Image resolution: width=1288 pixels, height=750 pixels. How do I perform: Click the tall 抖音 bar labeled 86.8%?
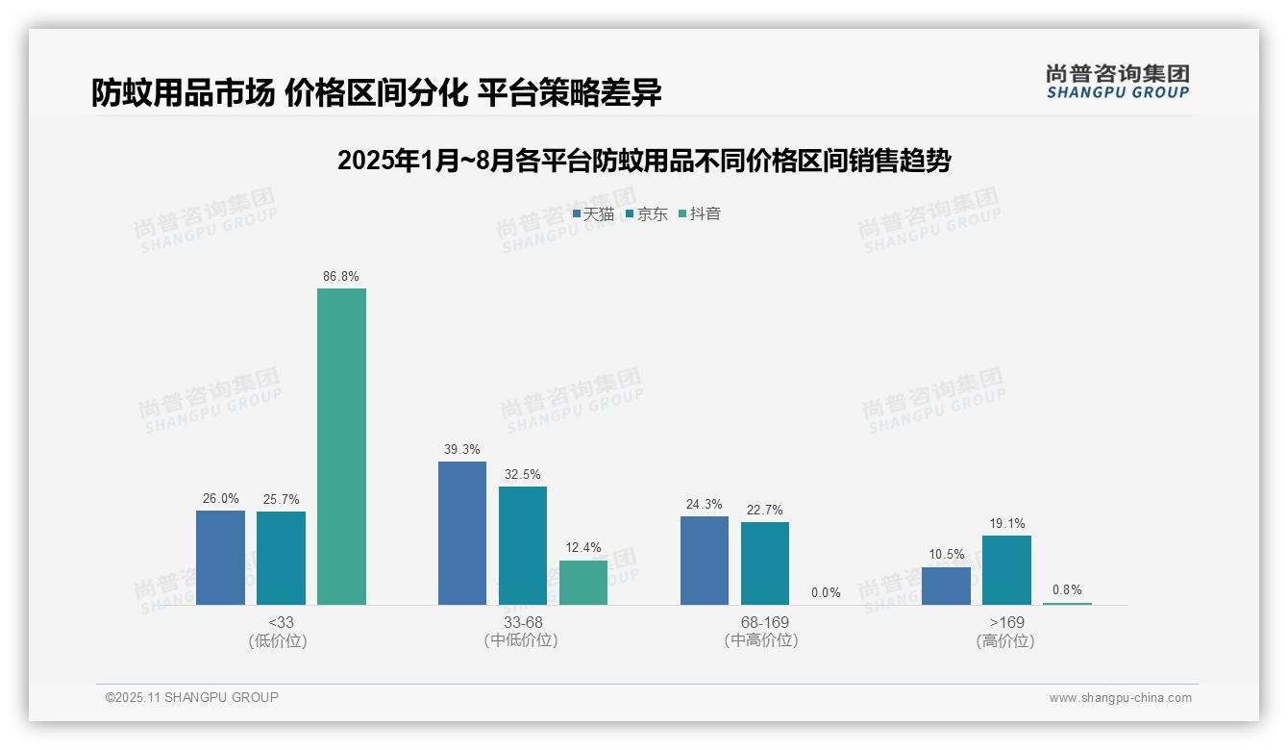pos(341,446)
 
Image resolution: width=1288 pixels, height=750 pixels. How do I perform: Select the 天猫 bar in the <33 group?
pos(220,558)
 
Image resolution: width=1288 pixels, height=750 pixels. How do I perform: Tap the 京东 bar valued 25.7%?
pos(281,558)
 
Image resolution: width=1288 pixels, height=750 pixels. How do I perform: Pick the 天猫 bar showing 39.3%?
pos(462,533)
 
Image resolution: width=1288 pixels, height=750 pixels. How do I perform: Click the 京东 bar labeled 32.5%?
pos(523,545)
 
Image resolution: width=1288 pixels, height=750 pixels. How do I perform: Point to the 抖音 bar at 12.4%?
pos(583,583)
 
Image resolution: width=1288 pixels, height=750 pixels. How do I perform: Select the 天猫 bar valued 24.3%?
pos(705,561)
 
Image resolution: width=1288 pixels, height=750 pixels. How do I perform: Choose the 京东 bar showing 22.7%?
pos(765,563)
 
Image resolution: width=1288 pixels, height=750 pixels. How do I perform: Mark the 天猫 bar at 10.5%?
pos(946,586)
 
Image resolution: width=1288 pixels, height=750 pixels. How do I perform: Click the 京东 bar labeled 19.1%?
pos(1006,570)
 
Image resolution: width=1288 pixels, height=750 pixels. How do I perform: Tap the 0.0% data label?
pos(826,593)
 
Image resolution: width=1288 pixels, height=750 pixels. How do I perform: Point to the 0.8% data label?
pos(1067,590)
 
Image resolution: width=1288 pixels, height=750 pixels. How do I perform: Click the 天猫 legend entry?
pos(593,214)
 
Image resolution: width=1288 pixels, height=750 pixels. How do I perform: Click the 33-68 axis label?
pos(522,623)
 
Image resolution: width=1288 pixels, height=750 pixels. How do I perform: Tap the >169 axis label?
pos(1006,623)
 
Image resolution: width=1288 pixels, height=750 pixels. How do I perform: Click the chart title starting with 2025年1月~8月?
pos(644,161)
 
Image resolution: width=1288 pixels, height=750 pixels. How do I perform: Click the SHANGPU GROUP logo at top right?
pos(1118,82)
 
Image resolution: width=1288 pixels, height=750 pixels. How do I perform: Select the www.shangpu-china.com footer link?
pos(1120,698)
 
